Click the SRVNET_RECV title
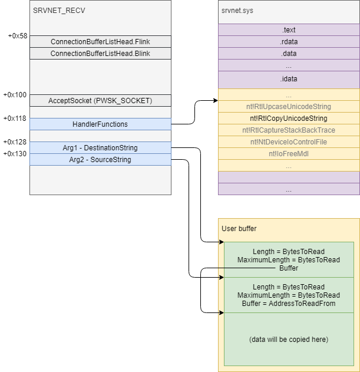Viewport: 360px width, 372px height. [x=59, y=11]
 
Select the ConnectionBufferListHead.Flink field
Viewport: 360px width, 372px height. [x=100, y=41]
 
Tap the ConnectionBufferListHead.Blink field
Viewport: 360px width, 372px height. [x=100, y=54]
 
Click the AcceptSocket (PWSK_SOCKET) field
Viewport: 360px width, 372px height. [x=100, y=101]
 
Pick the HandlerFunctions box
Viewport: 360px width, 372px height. [x=100, y=124]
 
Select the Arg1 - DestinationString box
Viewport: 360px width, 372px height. [x=100, y=148]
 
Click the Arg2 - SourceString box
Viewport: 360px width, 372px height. [x=100, y=159]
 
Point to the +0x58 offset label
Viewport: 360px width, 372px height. [x=18, y=36]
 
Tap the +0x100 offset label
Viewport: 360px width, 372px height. [x=15, y=95]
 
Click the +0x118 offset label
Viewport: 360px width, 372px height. [x=15, y=118]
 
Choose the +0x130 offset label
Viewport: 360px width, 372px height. [x=15, y=154]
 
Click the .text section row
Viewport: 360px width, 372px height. [x=289, y=30]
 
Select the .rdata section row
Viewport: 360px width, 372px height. [x=289, y=41]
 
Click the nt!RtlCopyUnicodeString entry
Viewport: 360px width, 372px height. [x=289, y=118]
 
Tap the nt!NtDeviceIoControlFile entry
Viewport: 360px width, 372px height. [x=289, y=142]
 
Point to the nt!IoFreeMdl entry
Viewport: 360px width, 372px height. [x=289, y=154]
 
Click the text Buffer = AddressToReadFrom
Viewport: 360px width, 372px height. [x=289, y=304]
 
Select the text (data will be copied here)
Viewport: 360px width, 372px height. [x=289, y=340]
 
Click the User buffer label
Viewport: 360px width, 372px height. [x=239, y=229]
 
